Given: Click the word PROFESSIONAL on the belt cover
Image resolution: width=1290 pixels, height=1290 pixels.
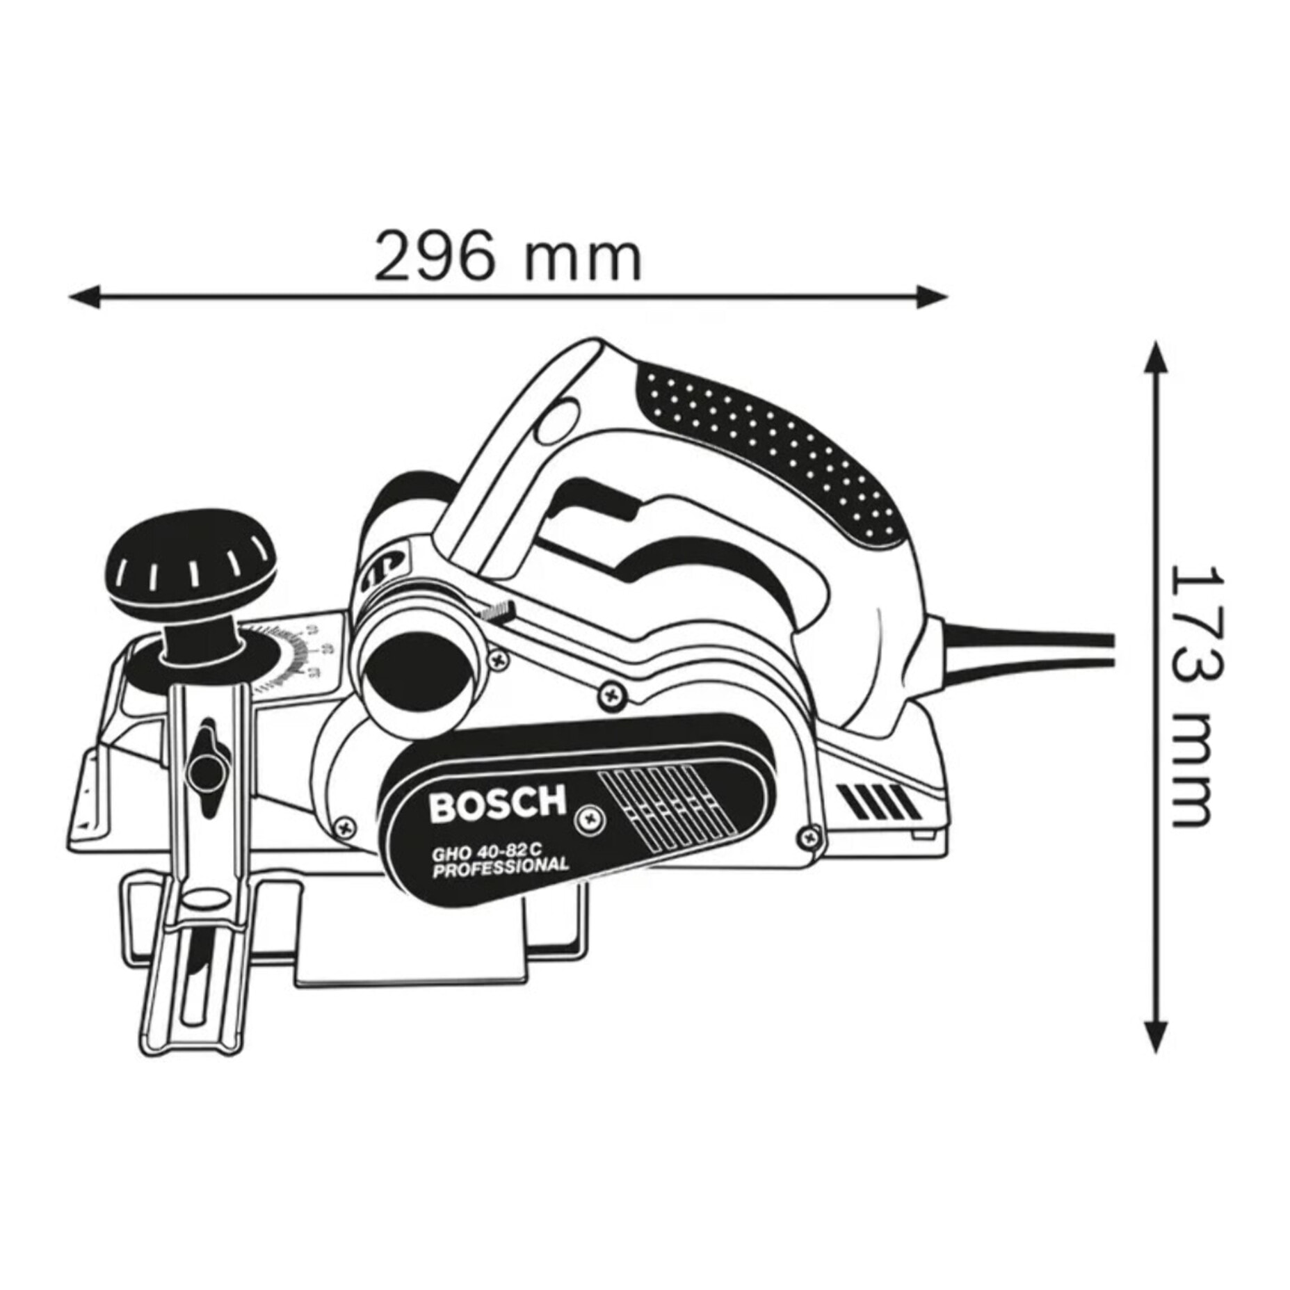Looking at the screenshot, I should point(501,867).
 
